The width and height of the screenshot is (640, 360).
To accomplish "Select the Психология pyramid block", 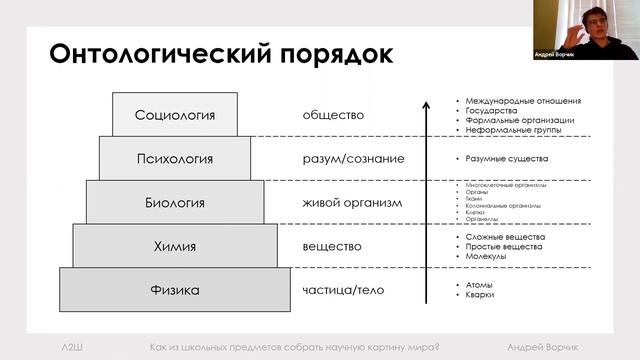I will click(175, 158).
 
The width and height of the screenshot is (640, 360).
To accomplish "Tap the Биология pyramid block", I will click(175, 202).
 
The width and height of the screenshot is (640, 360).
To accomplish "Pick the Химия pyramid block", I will click(175, 246).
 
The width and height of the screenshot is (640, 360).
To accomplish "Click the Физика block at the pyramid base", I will click(175, 290).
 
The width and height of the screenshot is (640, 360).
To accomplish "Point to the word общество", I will click(333, 115).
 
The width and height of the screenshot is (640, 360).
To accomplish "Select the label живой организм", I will click(351, 203).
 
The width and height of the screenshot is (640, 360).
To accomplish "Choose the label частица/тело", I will click(342, 290).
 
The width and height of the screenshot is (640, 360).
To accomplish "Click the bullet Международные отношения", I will click(520, 101).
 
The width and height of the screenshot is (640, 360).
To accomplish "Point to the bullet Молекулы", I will click(484, 257).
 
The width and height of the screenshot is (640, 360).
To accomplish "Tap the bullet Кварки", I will click(479, 295).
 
